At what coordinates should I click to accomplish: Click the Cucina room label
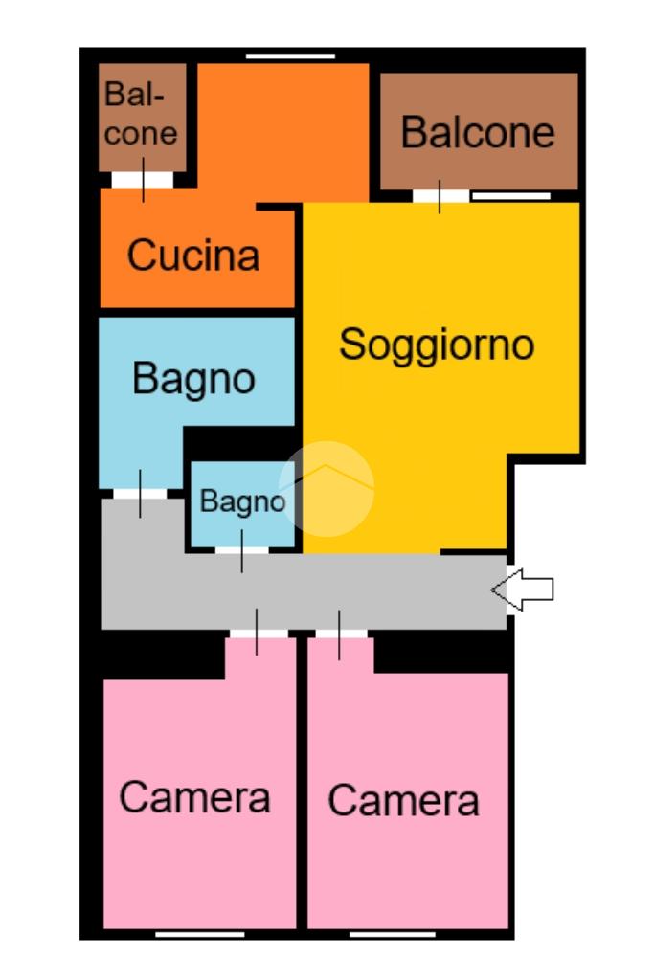tap(193, 255)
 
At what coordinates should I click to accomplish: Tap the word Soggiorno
tap(437, 345)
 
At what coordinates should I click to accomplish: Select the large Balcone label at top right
tap(478, 132)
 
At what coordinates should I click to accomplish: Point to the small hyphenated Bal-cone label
tap(140, 114)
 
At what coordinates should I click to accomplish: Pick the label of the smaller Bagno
tap(242, 501)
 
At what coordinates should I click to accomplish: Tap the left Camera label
tap(195, 797)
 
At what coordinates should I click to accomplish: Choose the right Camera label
tap(403, 800)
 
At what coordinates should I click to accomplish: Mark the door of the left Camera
tap(258, 634)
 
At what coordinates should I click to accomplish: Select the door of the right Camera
tap(341, 634)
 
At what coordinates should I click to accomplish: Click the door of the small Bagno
tap(241, 550)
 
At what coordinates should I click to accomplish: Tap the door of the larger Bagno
tap(140, 494)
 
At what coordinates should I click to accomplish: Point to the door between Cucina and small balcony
tap(143, 180)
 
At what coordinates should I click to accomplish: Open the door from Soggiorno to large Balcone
tap(440, 196)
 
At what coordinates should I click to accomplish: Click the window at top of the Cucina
tap(290, 56)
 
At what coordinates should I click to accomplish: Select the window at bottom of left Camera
tap(200, 935)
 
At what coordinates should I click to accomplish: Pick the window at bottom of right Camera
tap(393, 935)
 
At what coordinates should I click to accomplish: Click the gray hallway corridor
tap(304, 591)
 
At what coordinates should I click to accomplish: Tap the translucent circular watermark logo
tap(327, 488)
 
